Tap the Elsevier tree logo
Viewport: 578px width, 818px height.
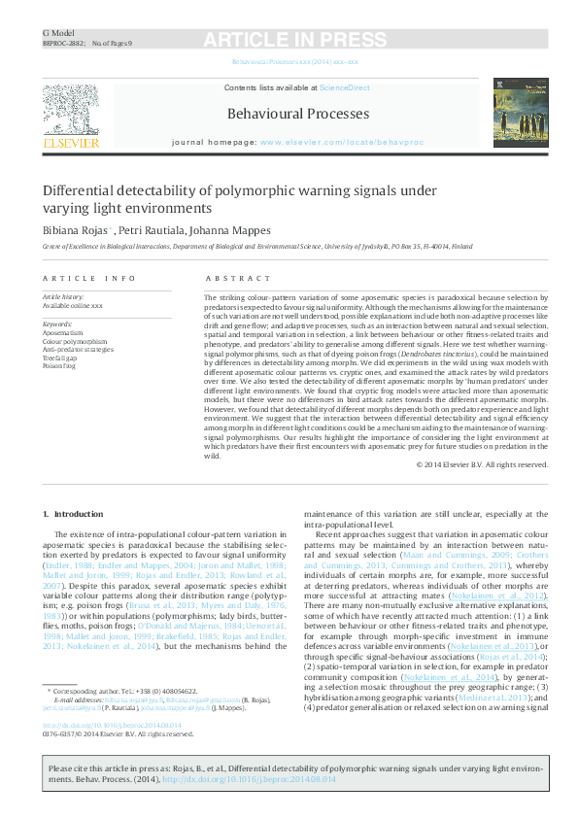coord(70,110)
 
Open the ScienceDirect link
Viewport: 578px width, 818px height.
coord(344,88)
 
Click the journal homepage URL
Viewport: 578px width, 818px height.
coord(341,142)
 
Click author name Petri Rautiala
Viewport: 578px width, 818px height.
coord(150,231)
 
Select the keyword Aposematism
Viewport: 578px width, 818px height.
coord(63,332)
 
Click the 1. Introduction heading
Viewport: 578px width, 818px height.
coord(80,512)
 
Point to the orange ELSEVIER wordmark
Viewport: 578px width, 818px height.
coord(70,144)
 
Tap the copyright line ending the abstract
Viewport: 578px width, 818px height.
coord(481,465)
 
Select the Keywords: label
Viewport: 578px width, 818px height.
coord(58,324)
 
